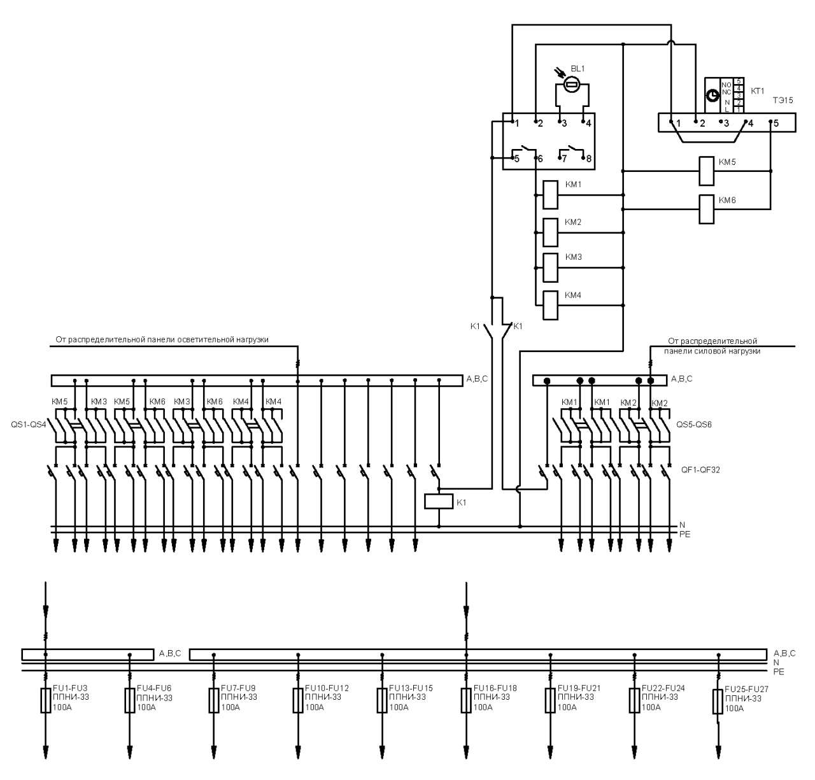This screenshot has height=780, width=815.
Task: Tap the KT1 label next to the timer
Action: [757, 91]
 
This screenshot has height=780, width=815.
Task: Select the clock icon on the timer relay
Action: [712, 96]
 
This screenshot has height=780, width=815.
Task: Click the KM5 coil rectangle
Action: [707, 171]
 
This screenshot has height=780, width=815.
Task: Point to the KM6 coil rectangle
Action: [707, 209]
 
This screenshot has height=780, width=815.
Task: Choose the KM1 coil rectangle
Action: [550, 195]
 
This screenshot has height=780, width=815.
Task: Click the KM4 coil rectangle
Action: [550, 306]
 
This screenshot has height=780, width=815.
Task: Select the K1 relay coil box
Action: [439, 502]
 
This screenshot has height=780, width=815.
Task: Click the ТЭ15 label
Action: [783, 101]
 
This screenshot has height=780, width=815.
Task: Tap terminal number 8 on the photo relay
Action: [589, 159]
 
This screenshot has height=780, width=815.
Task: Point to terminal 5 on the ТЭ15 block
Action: [776, 124]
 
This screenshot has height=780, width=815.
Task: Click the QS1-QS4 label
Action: [29, 425]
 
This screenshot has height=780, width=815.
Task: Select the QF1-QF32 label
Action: [700, 470]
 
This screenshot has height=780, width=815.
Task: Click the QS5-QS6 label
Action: [694, 424]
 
